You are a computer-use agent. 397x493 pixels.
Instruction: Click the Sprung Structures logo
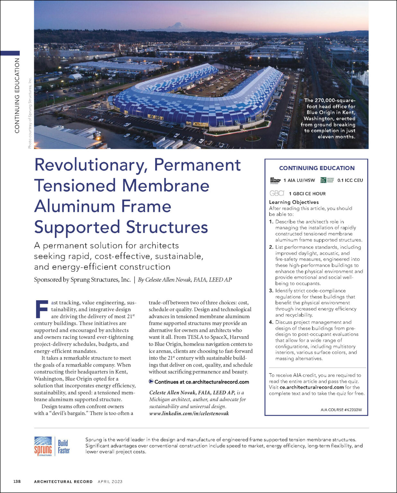43,446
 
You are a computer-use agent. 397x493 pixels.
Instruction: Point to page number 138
17,481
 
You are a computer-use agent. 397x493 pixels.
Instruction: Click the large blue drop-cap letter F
41,309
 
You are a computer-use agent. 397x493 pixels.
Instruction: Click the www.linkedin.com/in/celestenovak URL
189,413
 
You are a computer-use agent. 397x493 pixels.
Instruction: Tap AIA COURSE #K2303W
341,410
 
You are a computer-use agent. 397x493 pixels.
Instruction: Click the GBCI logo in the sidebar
277,193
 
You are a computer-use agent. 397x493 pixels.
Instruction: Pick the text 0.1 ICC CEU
350,180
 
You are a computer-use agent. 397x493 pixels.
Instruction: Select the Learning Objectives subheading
294,202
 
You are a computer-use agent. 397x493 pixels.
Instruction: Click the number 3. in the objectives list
271,291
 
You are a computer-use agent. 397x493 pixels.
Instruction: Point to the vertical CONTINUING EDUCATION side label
17,95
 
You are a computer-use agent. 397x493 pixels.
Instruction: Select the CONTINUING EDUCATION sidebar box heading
317,168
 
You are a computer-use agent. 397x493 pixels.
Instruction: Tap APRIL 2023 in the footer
110,481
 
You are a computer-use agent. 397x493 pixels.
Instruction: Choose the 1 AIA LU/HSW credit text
299,180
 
